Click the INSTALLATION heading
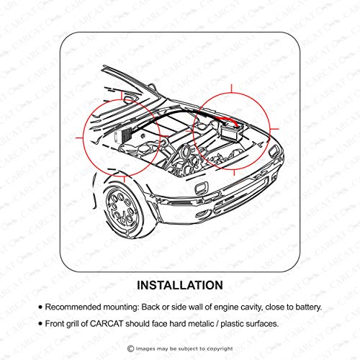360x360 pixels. click(180, 285)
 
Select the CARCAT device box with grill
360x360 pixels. click(123, 136)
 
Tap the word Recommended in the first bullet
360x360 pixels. click(73, 307)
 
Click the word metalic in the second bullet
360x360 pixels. click(201, 324)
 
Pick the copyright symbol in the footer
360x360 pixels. click(130, 348)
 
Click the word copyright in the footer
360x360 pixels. click(220, 348)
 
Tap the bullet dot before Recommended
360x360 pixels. click(40, 307)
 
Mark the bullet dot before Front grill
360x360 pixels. click(40, 324)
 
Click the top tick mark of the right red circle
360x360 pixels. click(231, 89)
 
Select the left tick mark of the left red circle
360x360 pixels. click(79, 138)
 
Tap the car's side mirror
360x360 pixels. click(129, 99)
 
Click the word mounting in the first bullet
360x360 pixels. click(121, 307)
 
